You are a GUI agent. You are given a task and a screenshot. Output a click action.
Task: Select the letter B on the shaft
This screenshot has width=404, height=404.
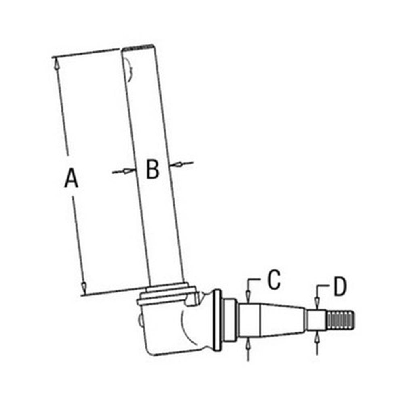tap(152, 170)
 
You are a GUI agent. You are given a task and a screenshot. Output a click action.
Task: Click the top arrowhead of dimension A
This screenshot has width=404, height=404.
tap(57, 63)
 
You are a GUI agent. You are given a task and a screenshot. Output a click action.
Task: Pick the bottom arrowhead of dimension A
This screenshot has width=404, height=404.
tap(84, 288)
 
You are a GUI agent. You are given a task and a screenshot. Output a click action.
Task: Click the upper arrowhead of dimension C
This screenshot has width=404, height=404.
tap(248, 297)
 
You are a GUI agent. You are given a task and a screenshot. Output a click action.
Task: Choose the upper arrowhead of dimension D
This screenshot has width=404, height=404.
tap(317, 301)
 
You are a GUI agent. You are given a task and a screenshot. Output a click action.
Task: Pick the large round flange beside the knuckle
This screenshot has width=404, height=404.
tap(217, 321)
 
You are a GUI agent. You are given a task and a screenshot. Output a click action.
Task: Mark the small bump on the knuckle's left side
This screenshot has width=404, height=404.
tap(140, 321)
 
